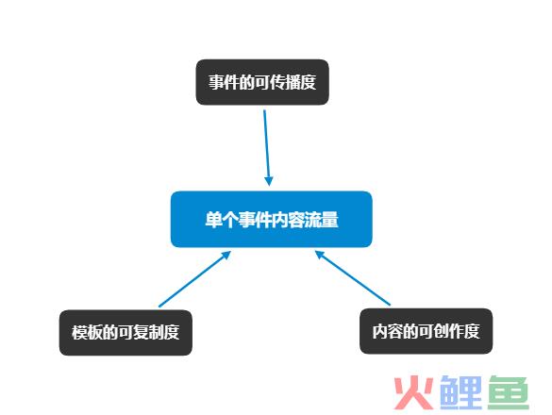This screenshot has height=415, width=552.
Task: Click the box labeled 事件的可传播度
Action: coord(262,82)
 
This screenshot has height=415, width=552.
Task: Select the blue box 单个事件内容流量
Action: coord(272,220)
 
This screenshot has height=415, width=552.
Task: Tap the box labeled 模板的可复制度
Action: coord(125,333)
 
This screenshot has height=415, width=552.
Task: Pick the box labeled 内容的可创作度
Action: coord(426,331)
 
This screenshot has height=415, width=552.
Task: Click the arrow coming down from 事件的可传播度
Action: coord(267,148)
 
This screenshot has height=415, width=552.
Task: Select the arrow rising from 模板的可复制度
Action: coord(194,279)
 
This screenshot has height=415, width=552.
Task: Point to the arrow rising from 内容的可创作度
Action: coord(352,277)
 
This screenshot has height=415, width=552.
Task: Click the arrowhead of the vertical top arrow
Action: coord(269,181)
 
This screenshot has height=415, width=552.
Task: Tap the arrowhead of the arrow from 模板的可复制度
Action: coord(226,256)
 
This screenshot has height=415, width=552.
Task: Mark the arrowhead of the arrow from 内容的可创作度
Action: coord(320,255)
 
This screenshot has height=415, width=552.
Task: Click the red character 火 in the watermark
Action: coord(413,392)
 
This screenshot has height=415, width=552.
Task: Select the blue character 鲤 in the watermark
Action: coord(460,392)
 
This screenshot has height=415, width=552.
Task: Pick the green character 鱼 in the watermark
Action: coord(509,392)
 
